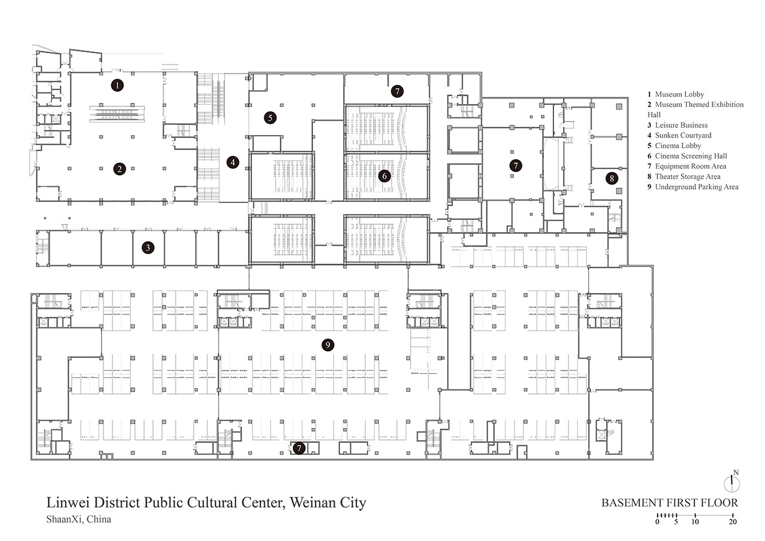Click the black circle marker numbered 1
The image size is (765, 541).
pos(117,85)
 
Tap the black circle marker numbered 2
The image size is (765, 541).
pos(120,169)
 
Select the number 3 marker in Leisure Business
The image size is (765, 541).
pos(148,247)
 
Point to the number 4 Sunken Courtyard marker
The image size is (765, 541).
pos(233,162)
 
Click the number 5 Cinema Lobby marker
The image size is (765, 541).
pos(270,118)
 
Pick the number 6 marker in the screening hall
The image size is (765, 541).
pos(384,176)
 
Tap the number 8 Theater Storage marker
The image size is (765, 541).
pos(611,178)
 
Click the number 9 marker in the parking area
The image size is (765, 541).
pos(328,345)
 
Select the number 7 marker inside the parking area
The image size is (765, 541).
pos(299,448)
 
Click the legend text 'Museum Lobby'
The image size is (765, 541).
pos(680,94)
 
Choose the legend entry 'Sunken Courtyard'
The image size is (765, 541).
pos(683,135)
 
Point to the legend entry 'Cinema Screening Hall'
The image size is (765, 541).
pos(691,156)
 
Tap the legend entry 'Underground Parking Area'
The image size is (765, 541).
pos(697,187)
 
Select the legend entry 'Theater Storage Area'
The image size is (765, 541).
pos(687,176)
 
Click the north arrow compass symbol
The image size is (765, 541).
pos(732,482)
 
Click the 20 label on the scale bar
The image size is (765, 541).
pos(733,521)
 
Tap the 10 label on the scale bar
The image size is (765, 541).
pos(695,521)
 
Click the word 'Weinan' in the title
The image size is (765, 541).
pos(313,503)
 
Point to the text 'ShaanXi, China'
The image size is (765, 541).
pos(78,519)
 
